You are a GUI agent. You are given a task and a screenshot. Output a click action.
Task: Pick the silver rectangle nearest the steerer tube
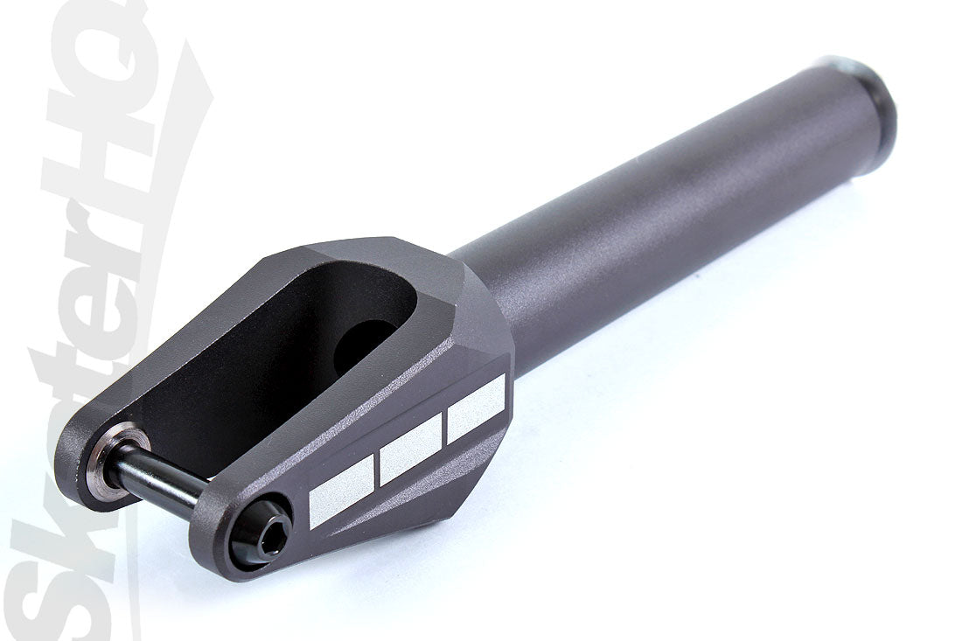pos(477,408)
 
